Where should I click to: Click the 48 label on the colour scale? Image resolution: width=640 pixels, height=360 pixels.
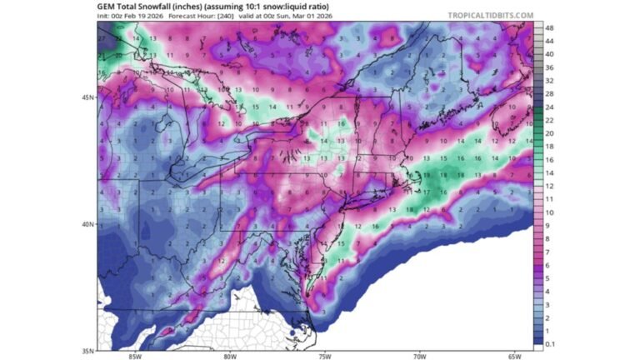point(548,27)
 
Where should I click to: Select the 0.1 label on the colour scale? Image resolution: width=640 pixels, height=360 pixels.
point(549,343)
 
